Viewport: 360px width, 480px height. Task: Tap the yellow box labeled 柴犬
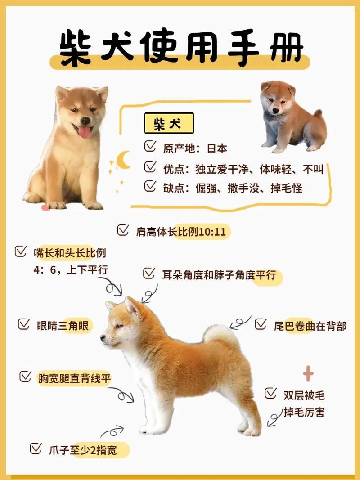[169, 123]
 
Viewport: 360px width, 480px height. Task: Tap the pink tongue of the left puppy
[85, 132]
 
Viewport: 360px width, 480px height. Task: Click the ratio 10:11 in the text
[214, 232]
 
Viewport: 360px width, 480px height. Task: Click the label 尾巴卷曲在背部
[310, 326]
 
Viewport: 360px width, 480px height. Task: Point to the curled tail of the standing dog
[220, 333]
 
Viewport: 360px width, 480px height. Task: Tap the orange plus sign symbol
[308, 373]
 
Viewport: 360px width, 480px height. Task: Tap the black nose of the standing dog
[103, 337]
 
